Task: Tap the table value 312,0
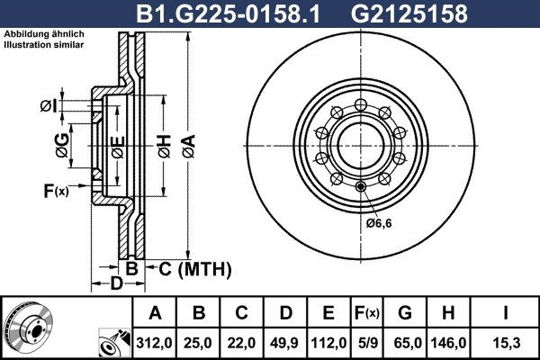click(x=156, y=343)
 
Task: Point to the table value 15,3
click(x=508, y=343)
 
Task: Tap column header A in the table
click(x=156, y=313)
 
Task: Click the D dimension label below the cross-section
click(x=115, y=285)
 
